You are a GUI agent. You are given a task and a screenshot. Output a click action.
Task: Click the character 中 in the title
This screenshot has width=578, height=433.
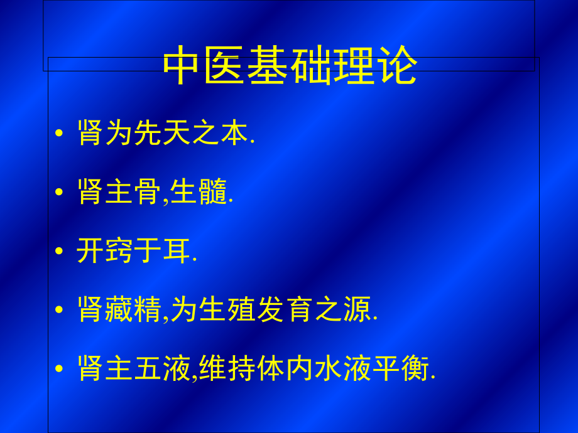pyautogui.click(x=183, y=67)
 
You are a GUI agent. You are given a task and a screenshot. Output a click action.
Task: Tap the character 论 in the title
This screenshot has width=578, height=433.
pyautogui.click(x=396, y=67)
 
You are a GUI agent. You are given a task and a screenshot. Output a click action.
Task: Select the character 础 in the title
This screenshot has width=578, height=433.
pyautogui.click(x=311, y=67)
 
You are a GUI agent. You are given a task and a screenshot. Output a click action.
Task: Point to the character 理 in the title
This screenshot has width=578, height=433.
pyautogui.click(x=354, y=67)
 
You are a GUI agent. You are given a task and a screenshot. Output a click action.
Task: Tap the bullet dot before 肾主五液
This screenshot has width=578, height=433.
pyautogui.click(x=59, y=369)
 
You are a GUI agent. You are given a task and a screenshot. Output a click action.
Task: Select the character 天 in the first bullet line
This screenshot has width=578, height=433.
pyautogui.click(x=177, y=134)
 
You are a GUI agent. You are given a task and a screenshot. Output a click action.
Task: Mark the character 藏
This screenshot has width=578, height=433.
pyautogui.click(x=119, y=310)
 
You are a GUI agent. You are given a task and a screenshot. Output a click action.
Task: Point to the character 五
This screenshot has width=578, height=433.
pyautogui.click(x=148, y=369)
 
